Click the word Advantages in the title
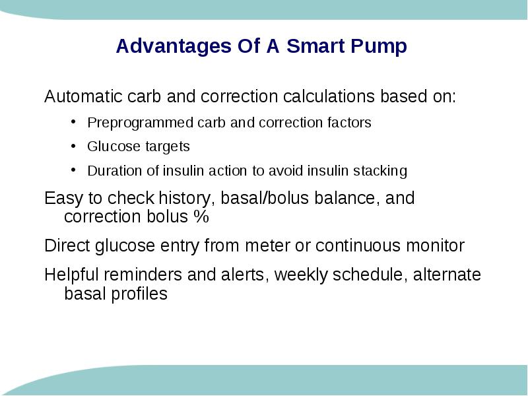point(174,46)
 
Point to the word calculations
point(329,96)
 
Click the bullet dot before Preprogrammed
point(73,121)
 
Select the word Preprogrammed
point(140,123)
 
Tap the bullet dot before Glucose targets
point(73,145)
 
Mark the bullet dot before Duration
point(73,170)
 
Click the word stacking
point(380,171)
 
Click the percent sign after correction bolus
point(201,216)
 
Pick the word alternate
point(447,275)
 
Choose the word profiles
point(139,294)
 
